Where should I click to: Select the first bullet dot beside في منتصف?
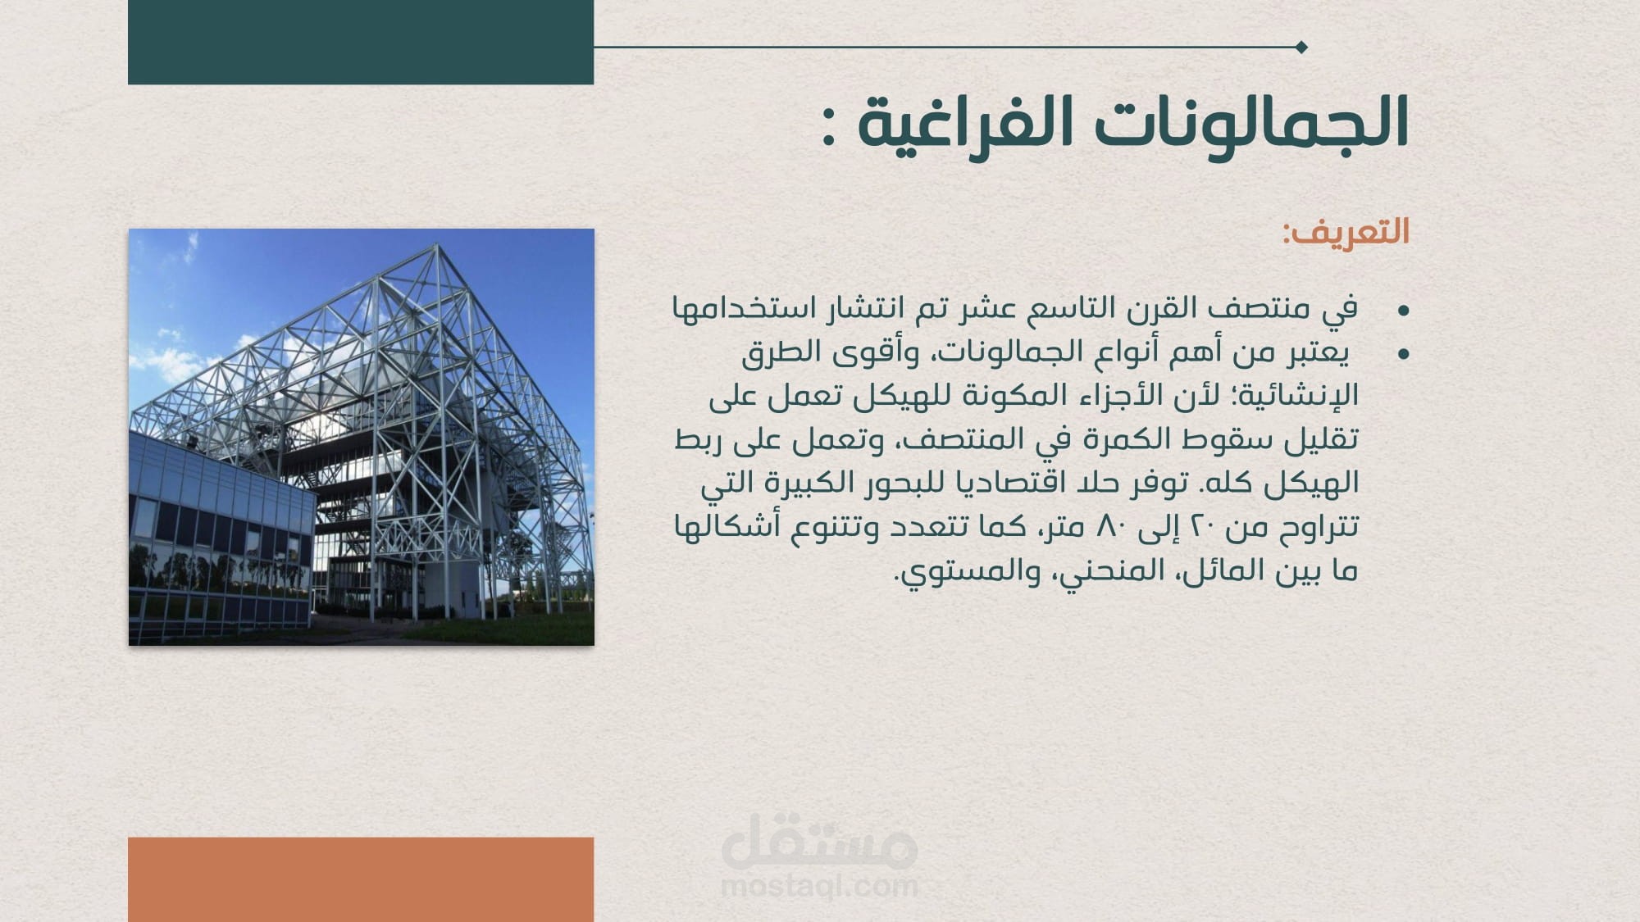click(x=1403, y=311)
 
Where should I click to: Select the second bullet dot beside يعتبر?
click(x=1403, y=354)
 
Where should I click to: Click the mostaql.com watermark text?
click(x=819, y=886)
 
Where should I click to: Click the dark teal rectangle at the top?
click(x=361, y=42)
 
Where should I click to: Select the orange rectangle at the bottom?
click(x=361, y=879)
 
